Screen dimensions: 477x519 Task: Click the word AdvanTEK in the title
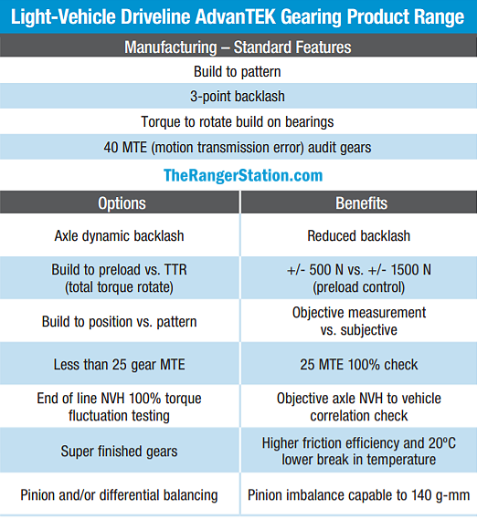coord(235,16)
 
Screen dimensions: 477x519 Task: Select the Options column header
coord(122,203)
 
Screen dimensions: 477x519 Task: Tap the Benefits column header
coord(361,202)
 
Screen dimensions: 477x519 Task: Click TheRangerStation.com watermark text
coord(243,175)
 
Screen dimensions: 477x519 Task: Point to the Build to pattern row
coord(238,71)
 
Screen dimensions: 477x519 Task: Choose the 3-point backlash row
coord(238,97)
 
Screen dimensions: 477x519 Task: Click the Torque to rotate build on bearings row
coord(238,122)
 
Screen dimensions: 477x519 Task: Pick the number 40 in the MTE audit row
coord(111,147)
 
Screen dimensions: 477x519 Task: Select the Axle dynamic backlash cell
coord(119,236)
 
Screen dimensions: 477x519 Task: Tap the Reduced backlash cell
coord(358,236)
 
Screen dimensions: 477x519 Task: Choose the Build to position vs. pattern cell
coord(119,322)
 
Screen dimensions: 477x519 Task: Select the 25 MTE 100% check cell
coord(358,365)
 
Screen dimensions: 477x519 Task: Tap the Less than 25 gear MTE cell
coord(119,365)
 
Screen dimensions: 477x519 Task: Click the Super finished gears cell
coord(119,452)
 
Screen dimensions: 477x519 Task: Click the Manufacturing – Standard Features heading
coord(238,47)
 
